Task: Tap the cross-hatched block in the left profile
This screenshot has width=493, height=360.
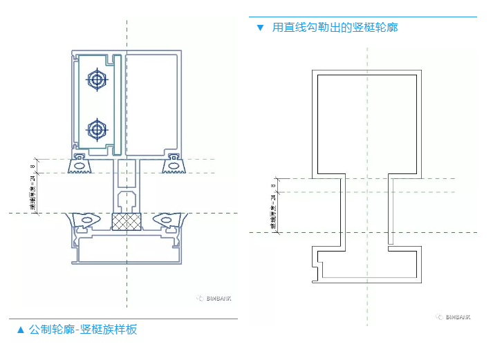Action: point(127,222)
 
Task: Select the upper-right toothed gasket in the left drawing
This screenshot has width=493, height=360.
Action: point(172,164)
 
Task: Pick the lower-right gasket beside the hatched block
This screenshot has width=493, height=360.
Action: point(167,220)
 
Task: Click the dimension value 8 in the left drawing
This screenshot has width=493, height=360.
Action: point(32,166)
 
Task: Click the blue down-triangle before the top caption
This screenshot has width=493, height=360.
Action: point(260,28)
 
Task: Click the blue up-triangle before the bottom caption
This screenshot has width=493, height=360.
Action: point(20,330)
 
